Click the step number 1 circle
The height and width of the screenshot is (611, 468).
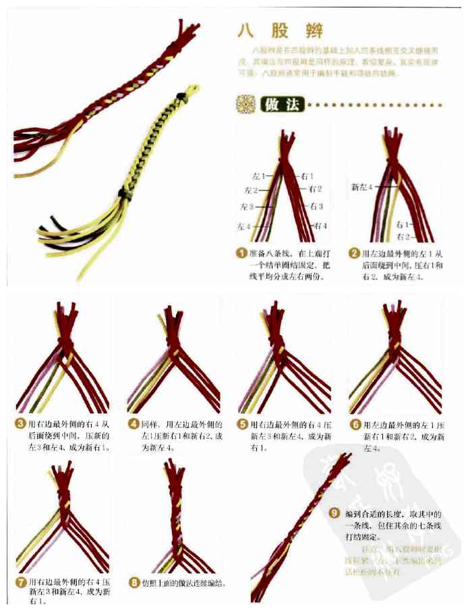[240, 253]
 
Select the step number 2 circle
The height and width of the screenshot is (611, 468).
[353, 253]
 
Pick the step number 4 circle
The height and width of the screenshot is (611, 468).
[133, 424]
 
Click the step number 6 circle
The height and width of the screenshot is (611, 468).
[355, 425]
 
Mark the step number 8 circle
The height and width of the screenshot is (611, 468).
[134, 581]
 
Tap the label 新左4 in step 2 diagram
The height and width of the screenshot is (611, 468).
[362, 186]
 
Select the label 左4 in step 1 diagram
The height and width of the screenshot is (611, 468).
[245, 225]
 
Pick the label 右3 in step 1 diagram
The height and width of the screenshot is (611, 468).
[316, 206]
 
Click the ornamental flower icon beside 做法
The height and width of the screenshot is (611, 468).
[243, 105]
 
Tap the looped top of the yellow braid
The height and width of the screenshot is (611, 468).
[192, 88]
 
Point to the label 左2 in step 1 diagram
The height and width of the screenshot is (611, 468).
[253, 190]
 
